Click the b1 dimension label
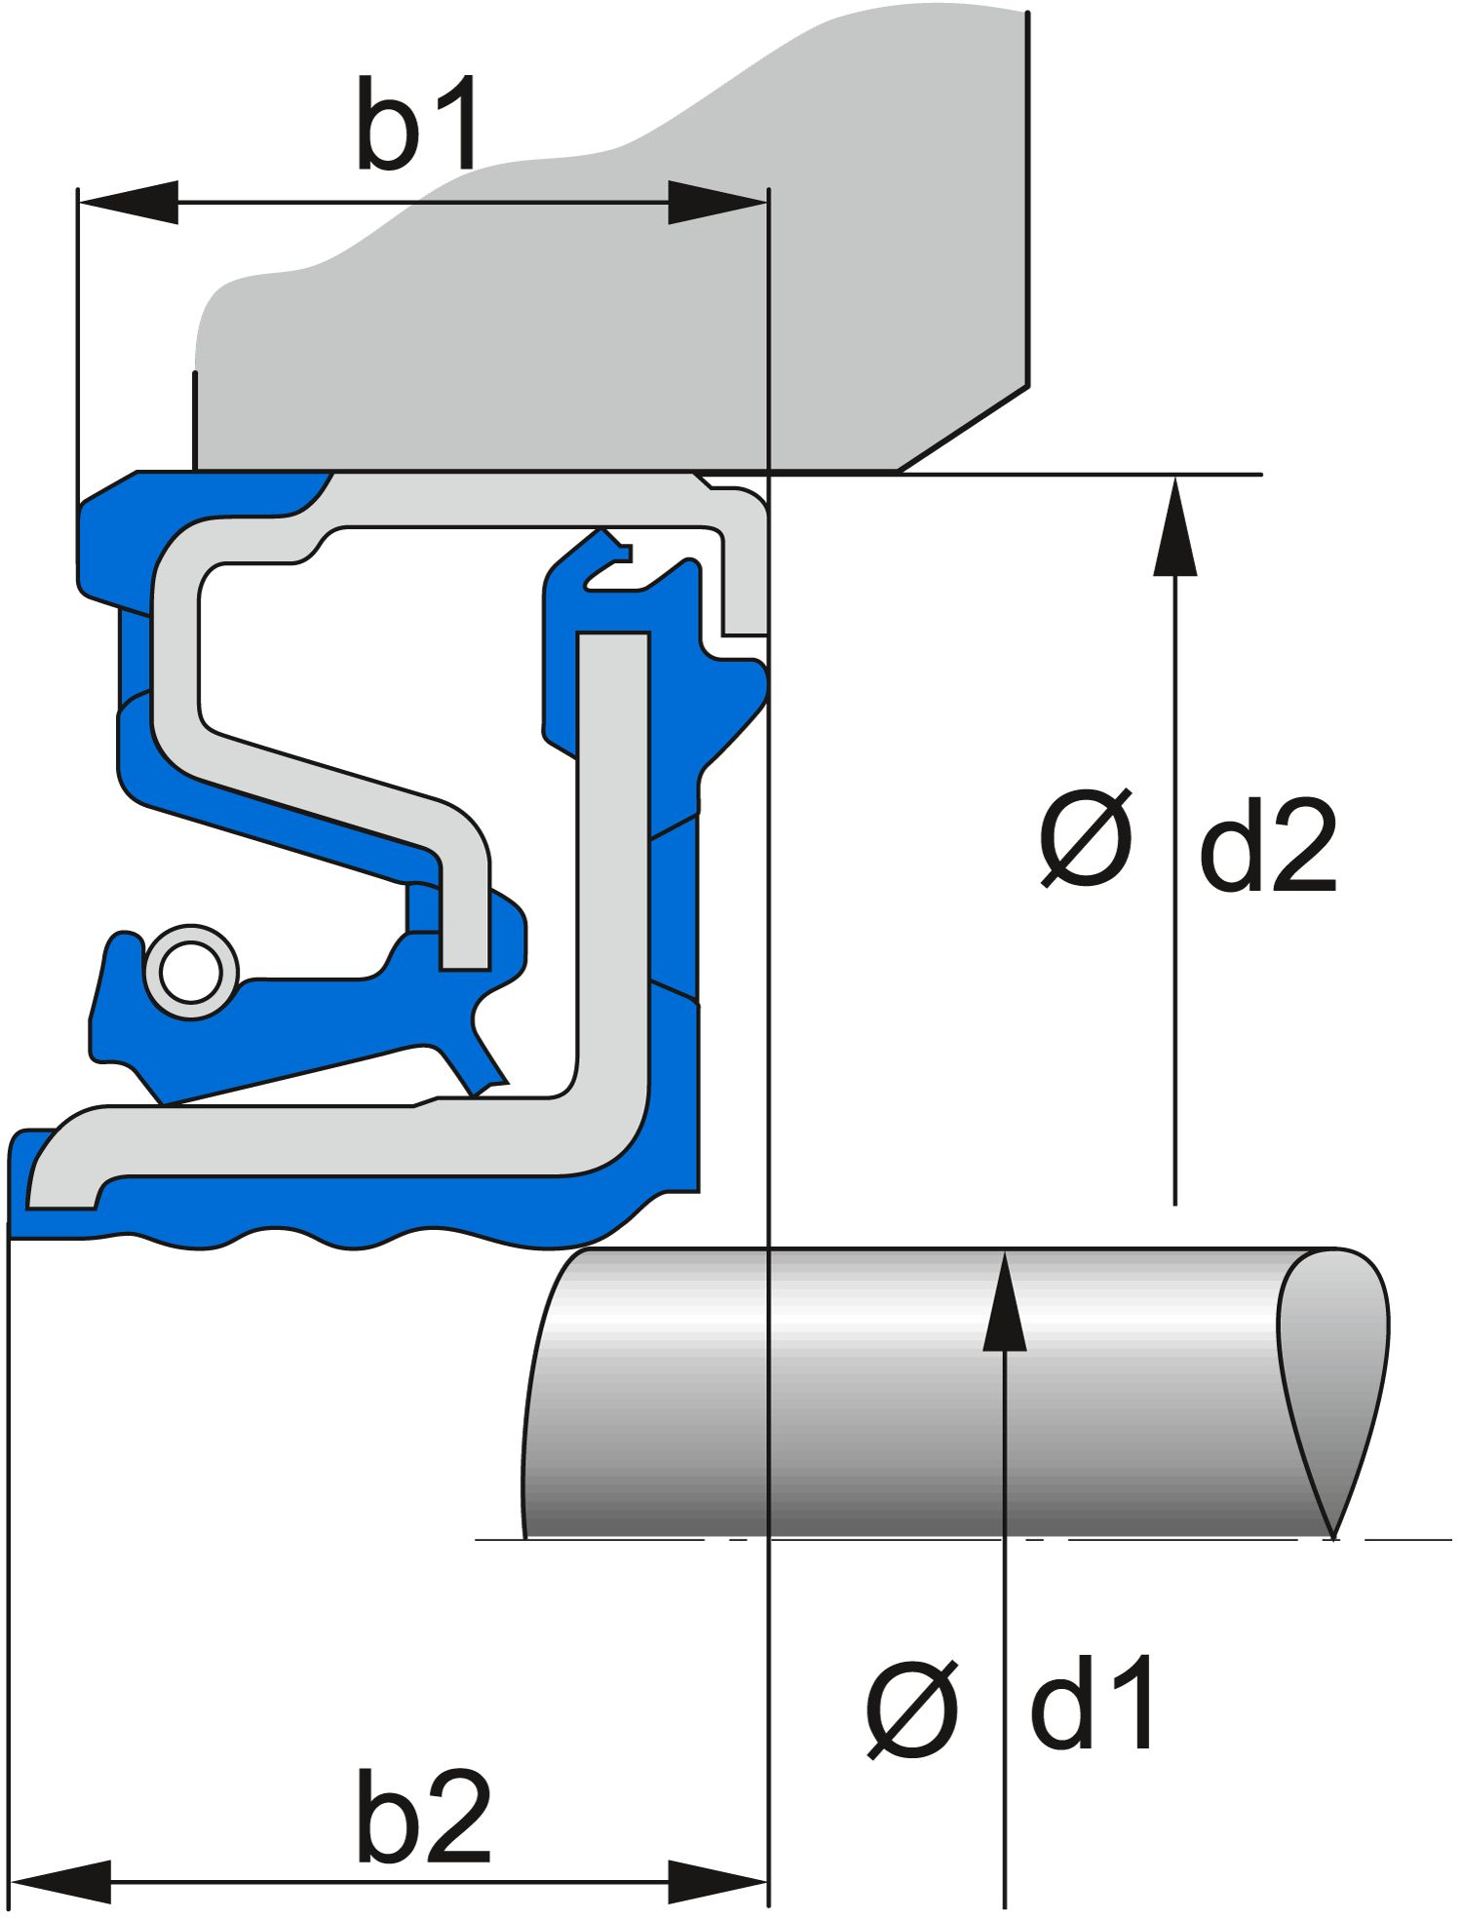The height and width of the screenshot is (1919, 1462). (x=417, y=124)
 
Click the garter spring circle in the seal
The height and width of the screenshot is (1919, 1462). (x=191, y=972)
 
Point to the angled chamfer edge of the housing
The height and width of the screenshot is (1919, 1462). (x=963, y=429)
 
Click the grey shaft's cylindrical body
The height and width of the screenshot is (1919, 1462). (x=877, y=1394)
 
